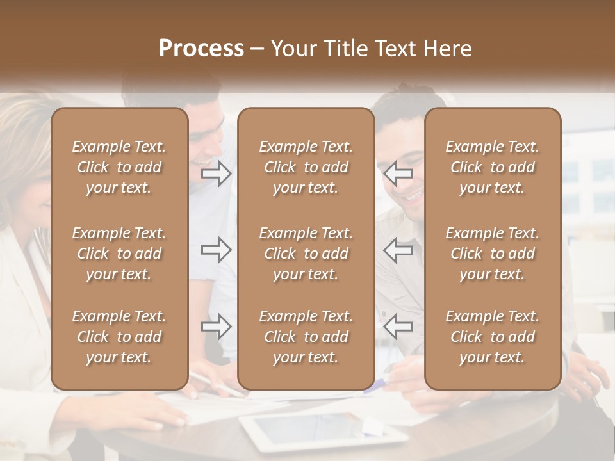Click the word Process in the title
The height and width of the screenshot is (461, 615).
point(201,49)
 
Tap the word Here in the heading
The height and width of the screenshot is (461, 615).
point(446,49)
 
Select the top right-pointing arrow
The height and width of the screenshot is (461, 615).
point(216,174)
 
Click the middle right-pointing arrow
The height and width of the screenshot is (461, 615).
point(216,250)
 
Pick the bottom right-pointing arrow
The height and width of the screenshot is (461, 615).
point(216,327)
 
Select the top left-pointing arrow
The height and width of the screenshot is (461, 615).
point(398,174)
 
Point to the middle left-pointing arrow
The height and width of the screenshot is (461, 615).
point(398,250)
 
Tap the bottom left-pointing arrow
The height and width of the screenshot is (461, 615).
point(398,327)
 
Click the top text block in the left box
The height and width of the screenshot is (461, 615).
point(119,167)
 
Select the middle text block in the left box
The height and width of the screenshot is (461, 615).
point(119,254)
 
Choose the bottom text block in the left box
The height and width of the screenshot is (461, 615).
point(119,337)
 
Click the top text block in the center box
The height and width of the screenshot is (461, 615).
point(306,167)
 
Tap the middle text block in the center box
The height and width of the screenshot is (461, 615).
point(306,254)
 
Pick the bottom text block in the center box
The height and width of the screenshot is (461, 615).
point(306,337)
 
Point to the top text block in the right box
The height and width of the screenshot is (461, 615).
point(492,167)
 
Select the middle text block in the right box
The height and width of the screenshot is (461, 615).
point(492,254)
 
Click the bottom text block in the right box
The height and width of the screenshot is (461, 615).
point(492,337)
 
